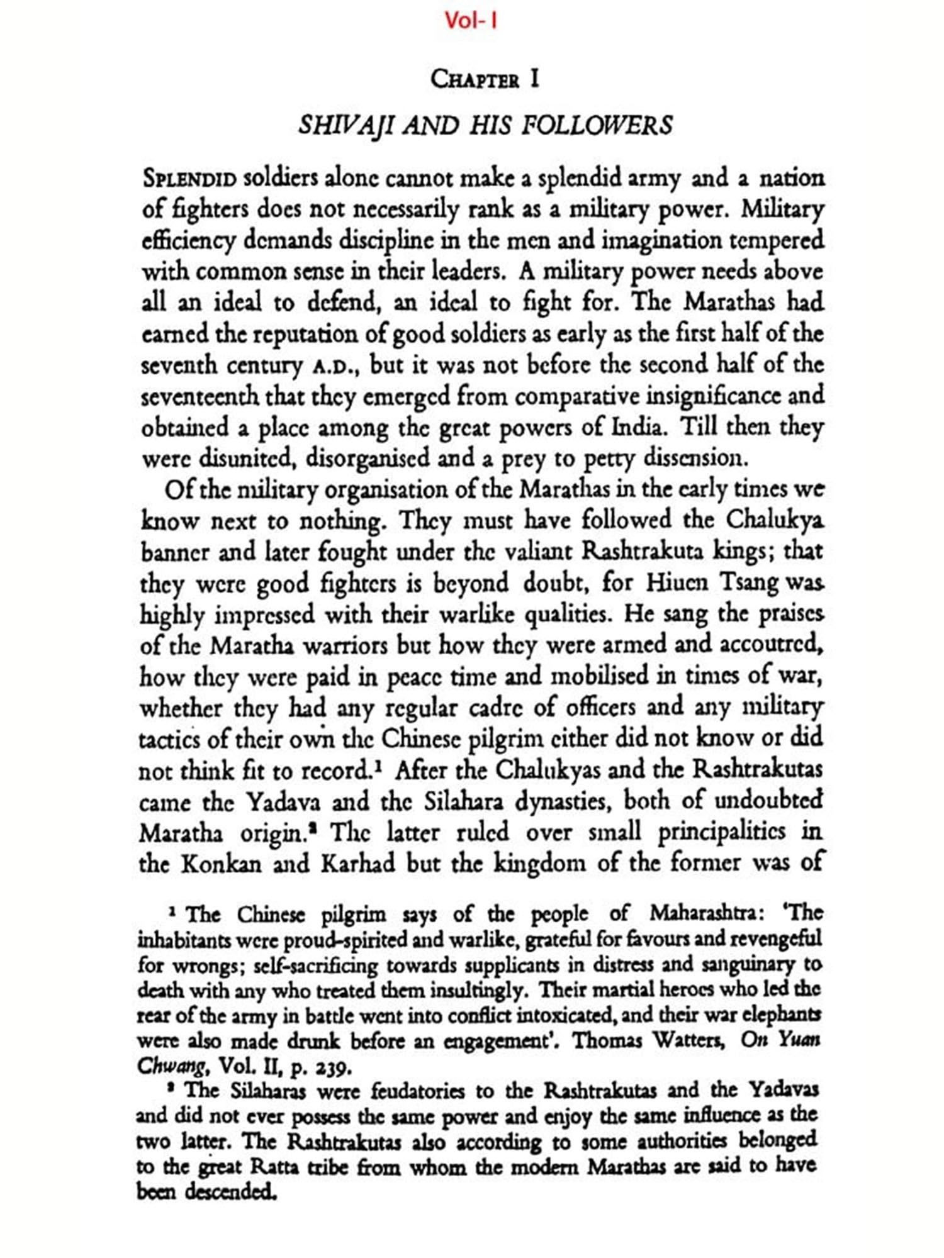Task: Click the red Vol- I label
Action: point(471,21)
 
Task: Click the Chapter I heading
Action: point(485,80)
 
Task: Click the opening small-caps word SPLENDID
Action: point(189,179)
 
